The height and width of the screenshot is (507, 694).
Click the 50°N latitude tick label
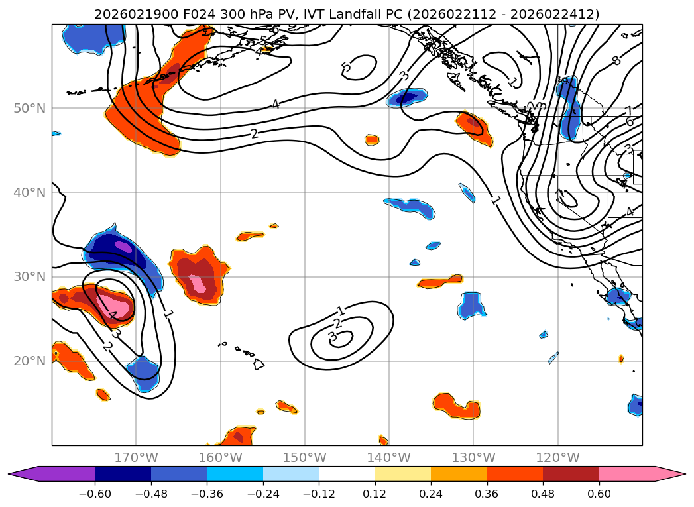[30, 108]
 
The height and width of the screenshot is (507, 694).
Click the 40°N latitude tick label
[30, 193]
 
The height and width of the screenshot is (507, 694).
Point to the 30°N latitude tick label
[30, 277]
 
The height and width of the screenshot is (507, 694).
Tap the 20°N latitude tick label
[30, 361]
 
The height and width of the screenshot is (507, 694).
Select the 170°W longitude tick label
[136, 457]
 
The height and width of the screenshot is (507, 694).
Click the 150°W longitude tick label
[305, 457]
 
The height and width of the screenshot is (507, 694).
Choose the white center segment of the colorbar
[347, 473]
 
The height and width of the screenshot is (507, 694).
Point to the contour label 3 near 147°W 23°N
[333, 337]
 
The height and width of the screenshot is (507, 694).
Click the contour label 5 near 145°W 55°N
[346, 67]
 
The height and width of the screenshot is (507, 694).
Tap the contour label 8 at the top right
[616, 60]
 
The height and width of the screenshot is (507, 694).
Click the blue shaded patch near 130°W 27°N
[471, 304]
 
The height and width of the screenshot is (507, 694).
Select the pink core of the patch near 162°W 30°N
[197, 280]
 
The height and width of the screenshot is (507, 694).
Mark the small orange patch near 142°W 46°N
[372, 139]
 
